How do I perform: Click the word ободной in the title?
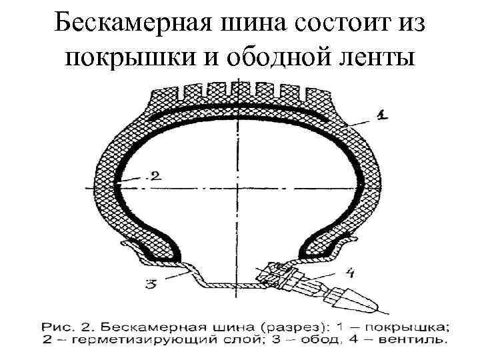point(275,58)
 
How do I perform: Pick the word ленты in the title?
point(375,58)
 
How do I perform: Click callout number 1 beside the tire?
point(381,115)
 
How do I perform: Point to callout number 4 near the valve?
point(351,271)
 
